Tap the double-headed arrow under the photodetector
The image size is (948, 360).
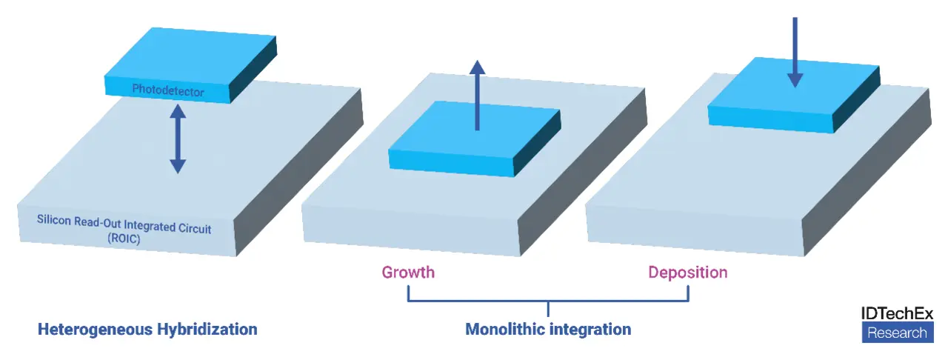tap(177, 139)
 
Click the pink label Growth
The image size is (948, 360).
tap(408, 272)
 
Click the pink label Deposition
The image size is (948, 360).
tap(687, 272)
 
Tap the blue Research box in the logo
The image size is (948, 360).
tap(896, 333)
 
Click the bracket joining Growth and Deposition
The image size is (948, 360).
tap(548, 301)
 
